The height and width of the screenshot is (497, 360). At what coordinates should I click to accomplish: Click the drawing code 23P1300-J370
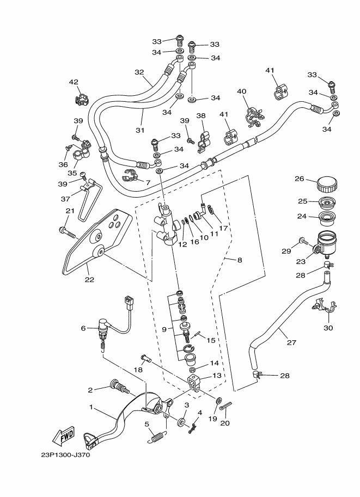click(x=65, y=455)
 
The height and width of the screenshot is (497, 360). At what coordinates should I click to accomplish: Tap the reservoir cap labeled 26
click(x=327, y=184)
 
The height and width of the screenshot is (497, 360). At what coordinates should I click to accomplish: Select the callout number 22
click(x=89, y=279)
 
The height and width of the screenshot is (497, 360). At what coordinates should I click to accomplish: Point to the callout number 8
click(x=240, y=260)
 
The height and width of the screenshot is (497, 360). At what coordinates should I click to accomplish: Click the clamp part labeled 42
click(x=82, y=100)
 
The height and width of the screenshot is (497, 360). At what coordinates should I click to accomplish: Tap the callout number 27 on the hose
click(x=291, y=342)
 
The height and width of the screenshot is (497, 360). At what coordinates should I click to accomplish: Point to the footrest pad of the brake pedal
click(x=90, y=440)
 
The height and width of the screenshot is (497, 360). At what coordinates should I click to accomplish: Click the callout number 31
click(x=139, y=130)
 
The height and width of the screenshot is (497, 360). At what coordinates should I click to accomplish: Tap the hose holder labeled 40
click(x=254, y=117)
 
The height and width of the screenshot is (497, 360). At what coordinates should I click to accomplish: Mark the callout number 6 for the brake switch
click(x=83, y=328)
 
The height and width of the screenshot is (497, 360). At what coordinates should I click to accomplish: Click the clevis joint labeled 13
click(x=193, y=383)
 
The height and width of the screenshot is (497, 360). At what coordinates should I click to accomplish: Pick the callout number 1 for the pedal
click(x=91, y=407)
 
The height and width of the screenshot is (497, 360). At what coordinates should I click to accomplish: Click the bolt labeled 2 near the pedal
click(x=120, y=388)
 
